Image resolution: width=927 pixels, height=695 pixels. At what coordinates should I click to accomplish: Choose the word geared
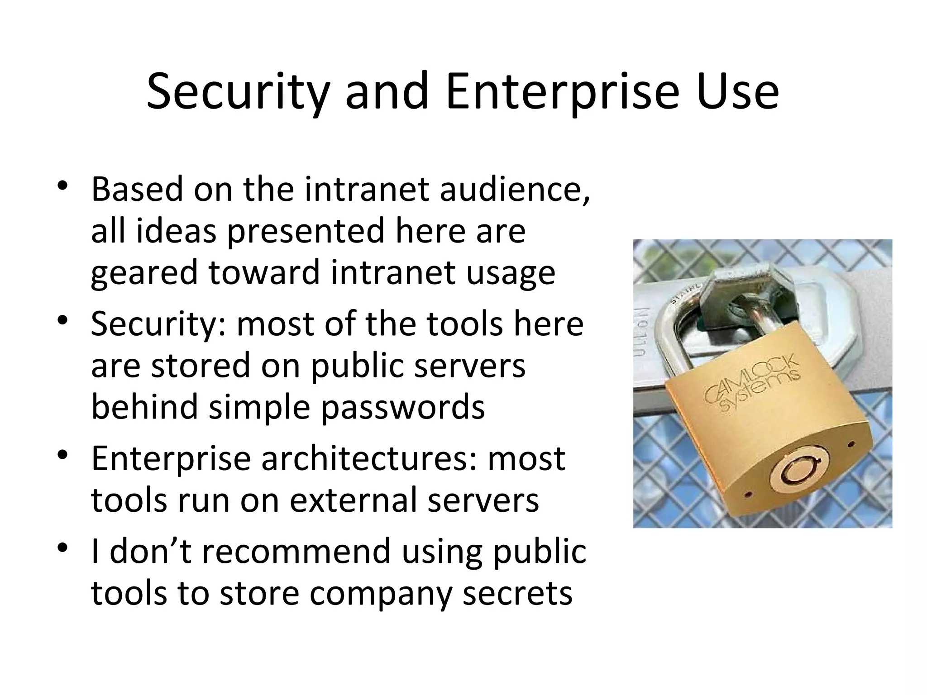144,273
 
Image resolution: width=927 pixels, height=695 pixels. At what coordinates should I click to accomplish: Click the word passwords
403,407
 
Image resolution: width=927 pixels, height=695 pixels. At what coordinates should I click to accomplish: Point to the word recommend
296,552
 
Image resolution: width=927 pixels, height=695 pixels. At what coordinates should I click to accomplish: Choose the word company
380,593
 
